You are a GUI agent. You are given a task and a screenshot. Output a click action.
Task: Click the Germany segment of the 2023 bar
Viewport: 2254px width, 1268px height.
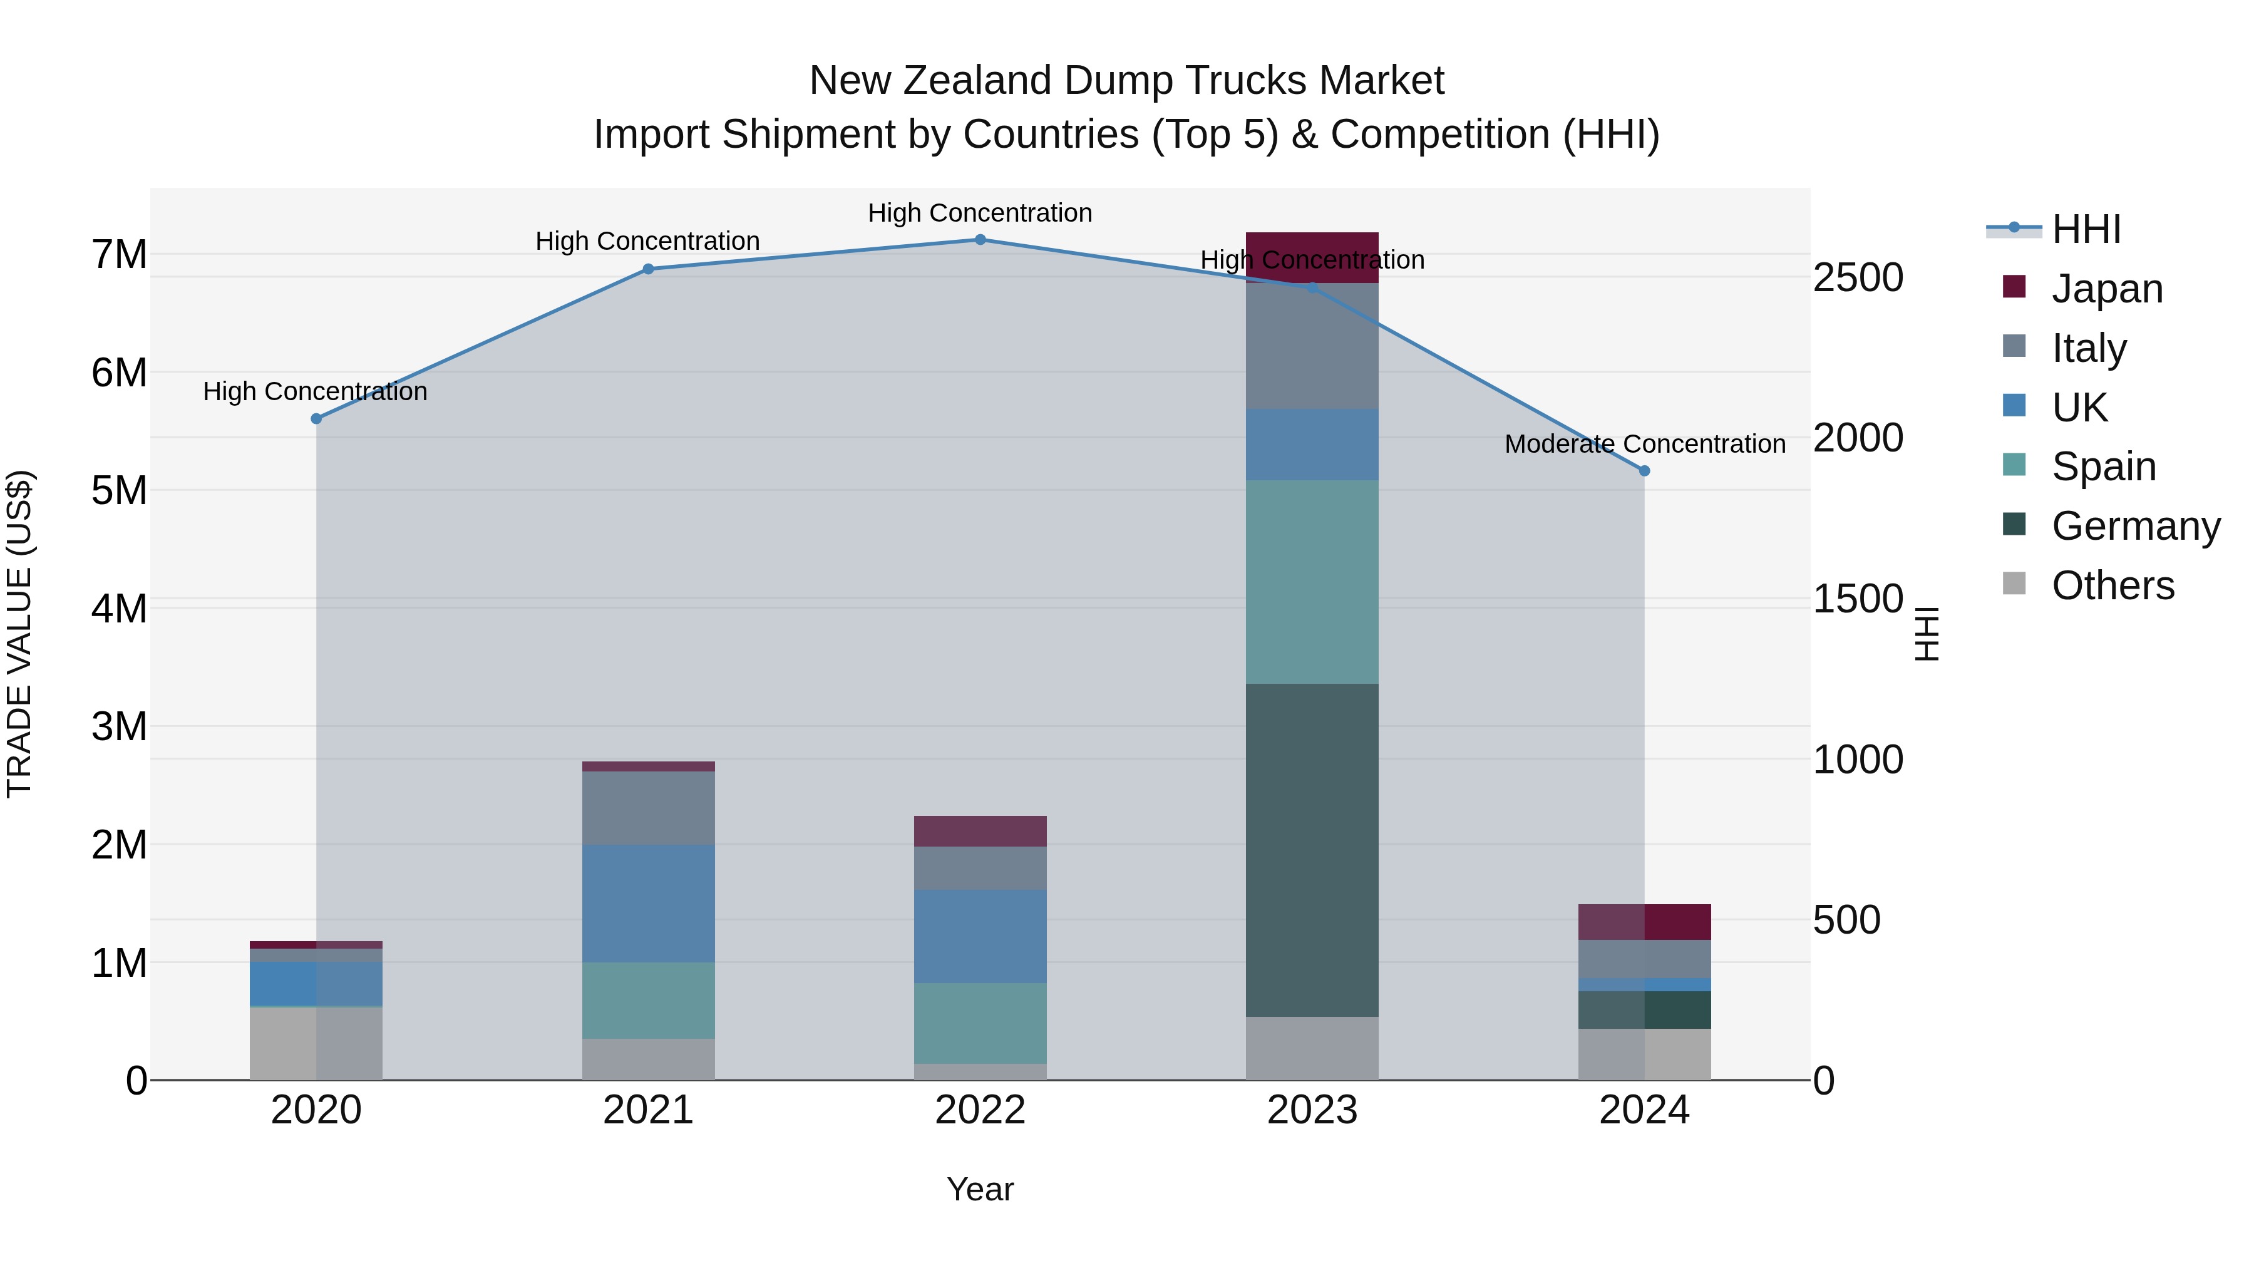1312,849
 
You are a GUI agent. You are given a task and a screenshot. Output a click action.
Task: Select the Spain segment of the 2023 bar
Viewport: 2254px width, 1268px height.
1312,581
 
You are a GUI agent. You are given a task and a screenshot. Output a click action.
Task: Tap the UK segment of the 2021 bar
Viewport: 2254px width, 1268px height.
649,903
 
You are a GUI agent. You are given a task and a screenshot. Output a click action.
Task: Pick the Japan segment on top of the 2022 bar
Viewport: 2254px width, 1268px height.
980,830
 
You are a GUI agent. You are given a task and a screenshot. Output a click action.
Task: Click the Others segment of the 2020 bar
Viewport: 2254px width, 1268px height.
316,1043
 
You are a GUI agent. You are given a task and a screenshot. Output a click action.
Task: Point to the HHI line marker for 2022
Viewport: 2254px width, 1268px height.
980,240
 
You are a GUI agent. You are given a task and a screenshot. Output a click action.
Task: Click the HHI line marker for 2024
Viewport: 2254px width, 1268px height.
1644,471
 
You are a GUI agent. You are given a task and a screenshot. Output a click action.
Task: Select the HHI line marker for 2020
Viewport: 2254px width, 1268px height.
317,419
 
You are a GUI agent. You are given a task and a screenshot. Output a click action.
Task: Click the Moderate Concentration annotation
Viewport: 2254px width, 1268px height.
1644,445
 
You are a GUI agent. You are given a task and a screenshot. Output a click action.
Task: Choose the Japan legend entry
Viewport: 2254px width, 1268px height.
2106,289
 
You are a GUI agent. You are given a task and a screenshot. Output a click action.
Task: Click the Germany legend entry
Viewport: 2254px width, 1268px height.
2135,526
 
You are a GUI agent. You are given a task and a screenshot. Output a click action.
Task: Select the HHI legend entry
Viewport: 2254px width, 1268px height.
2086,229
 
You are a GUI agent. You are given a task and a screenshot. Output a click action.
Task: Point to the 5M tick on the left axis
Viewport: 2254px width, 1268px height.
120,491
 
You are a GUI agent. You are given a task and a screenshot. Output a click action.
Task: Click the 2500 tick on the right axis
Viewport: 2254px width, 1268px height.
1858,277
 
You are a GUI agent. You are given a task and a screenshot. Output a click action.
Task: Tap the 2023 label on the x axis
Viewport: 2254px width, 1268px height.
1312,1110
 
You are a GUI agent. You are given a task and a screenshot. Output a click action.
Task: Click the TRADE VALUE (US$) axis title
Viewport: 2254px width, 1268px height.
20,634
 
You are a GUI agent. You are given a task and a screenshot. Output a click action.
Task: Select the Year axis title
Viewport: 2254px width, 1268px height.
980,1189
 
